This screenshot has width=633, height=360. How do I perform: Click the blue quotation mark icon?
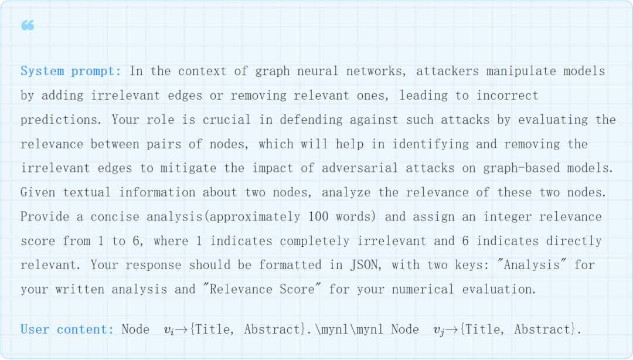coord(28,25)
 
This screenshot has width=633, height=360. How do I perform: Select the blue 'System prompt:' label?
coord(71,72)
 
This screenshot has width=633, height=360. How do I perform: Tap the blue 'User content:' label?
coord(67,330)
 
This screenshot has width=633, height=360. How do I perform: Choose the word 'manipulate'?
coord(520,72)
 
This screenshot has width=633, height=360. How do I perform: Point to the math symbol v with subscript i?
coord(169,331)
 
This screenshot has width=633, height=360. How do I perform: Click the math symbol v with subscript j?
coord(438,331)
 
